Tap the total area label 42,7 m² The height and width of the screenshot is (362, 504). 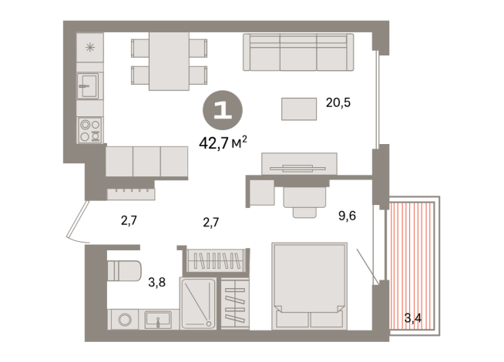(x=223, y=141)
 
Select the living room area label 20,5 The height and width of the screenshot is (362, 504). (x=338, y=102)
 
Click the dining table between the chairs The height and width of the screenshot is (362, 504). (x=169, y=62)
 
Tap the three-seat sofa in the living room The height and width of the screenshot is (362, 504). (x=297, y=52)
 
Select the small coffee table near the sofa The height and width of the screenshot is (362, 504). (x=299, y=109)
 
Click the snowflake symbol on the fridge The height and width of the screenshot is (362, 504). (x=90, y=47)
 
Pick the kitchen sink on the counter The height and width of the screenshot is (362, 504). (x=89, y=85)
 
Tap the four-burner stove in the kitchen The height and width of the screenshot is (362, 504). (x=90, y=129)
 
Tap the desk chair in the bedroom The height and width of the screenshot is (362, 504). (x=304, y=199)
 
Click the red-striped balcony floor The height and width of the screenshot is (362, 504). (x=413, y=262)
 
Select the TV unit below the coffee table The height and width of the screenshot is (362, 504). (x=299, y=163)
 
